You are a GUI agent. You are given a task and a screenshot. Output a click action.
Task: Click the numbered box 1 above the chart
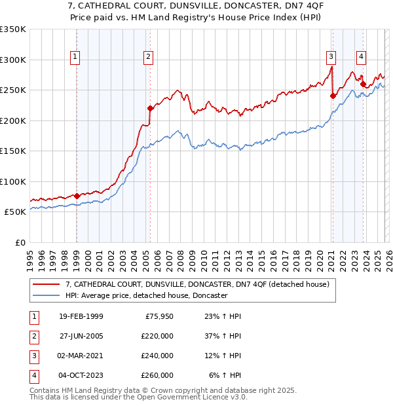click(x=76, y=58)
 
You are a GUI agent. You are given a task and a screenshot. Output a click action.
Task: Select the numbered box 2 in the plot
click(x=149, y=58)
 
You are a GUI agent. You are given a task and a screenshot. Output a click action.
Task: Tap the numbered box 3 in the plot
click(x=331, y=58)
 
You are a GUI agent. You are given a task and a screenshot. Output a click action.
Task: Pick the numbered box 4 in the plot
click(x=362, y=58)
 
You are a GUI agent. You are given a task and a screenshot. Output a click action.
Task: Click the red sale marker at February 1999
click(x=77, y=195)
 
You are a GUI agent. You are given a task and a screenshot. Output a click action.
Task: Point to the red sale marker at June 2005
click(x=150, y=108)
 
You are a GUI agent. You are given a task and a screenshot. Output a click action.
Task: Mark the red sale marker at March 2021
click(x=333, y=96)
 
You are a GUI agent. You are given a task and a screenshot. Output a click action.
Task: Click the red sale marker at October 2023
click(x=363, y=84)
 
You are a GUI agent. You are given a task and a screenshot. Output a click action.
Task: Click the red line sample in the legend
click(x=47, y=285)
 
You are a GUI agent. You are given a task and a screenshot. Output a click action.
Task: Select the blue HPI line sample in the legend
click(x=47, y=296)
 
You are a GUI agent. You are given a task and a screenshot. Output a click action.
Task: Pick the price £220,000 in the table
click(x=158, y=337)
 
